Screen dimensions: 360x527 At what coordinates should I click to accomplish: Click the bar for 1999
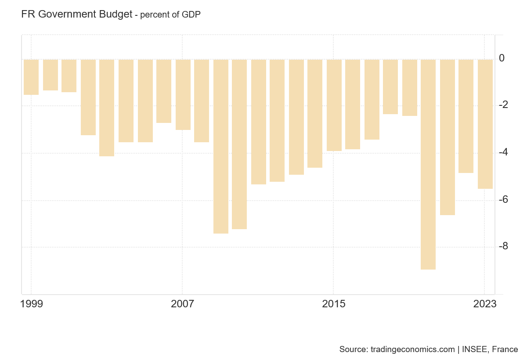pos(31,77)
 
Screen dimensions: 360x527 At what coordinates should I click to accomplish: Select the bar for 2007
pos(183,94)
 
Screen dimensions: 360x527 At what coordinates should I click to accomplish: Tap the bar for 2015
pos(334,105)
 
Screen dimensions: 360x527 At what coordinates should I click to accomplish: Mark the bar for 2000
pos(51,75)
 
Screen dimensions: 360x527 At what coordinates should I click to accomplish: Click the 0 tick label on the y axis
pos(502,58)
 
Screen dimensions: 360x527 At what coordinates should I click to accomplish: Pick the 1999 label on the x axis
pos(32,304)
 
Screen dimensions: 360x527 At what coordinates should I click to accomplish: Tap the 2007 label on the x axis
pos(183,304)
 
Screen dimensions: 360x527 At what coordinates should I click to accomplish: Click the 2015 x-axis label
pos(334,304)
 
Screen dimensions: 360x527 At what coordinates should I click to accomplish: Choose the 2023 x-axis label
pos(485,304)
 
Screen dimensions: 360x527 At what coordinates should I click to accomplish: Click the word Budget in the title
pos(116,14)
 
